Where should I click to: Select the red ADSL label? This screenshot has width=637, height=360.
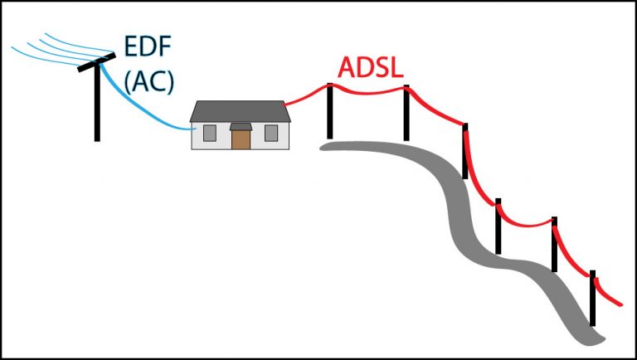[370, 69]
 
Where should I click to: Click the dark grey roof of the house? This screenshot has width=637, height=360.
[241, 111]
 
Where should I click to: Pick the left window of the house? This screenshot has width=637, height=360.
[210, 133]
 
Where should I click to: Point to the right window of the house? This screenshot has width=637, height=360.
[270, 133]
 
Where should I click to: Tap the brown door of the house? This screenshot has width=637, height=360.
[241, 139]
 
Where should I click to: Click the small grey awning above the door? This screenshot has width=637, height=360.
[241, 126]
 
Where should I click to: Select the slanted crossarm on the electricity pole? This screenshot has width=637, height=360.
[98, 60]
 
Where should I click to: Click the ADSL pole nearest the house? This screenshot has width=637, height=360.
[330, 112]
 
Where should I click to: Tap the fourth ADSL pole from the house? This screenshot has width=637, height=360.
[498, 226]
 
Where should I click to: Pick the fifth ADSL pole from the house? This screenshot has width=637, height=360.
[554, 244]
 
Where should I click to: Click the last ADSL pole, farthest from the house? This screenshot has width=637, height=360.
[592, 299]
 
